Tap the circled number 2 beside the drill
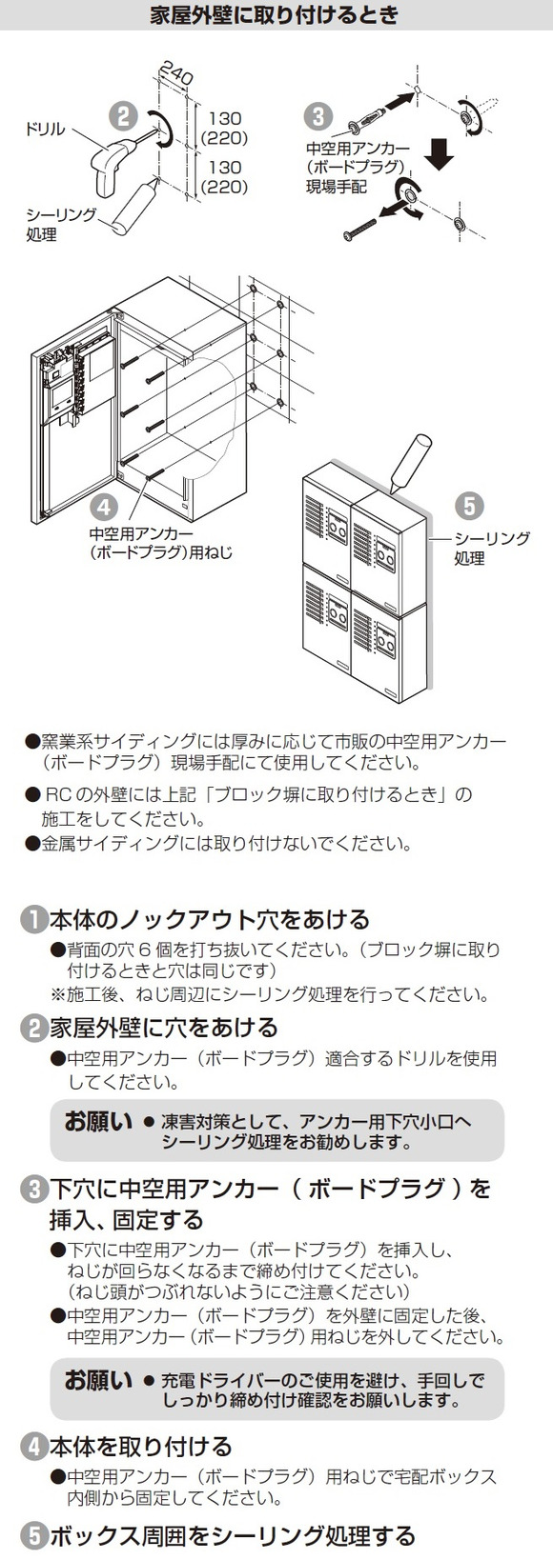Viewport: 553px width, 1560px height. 123,115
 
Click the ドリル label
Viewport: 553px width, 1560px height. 44,129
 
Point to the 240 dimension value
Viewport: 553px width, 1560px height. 175,73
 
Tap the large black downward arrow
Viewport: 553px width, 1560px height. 440,153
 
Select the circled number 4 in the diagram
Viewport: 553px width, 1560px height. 104,507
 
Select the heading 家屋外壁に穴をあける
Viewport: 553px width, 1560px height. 164,1028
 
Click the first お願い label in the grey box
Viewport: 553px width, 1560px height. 97,1121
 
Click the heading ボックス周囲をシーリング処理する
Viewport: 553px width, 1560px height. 233,1535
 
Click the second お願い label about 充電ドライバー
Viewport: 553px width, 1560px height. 97,1380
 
